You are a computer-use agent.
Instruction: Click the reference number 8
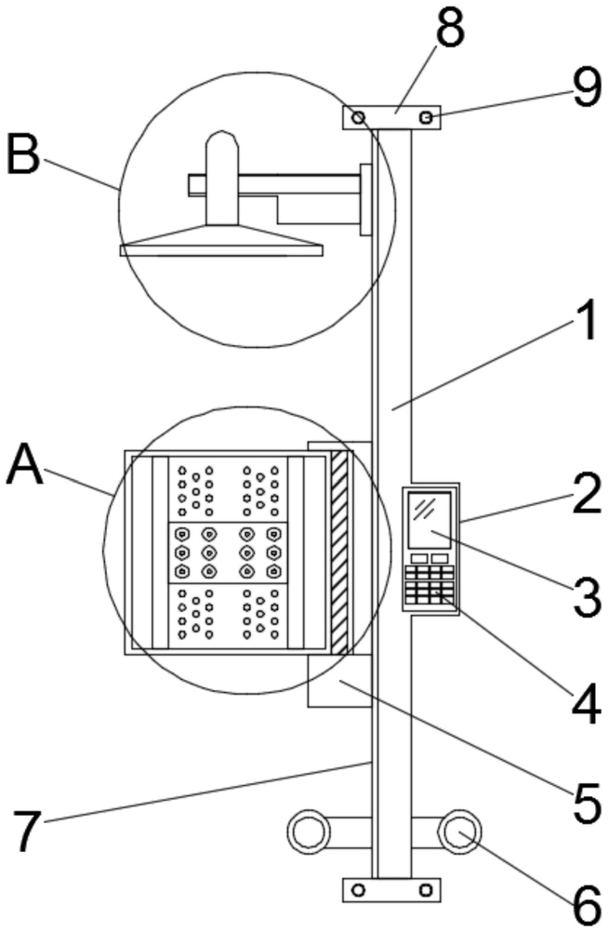(x=449, y=29)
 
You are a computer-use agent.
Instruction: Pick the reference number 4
(x=586, y=705)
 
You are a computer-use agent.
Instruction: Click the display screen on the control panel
(x=430, y=520)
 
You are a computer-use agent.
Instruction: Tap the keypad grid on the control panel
(x=430, y=584)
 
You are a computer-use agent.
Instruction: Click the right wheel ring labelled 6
(x=460, y=832)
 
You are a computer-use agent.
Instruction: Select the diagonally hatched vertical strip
(x=338, y=553)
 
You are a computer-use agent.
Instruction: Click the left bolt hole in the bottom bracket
(x=358, y=890)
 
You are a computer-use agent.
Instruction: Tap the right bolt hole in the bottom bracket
(x=426, y=890)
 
